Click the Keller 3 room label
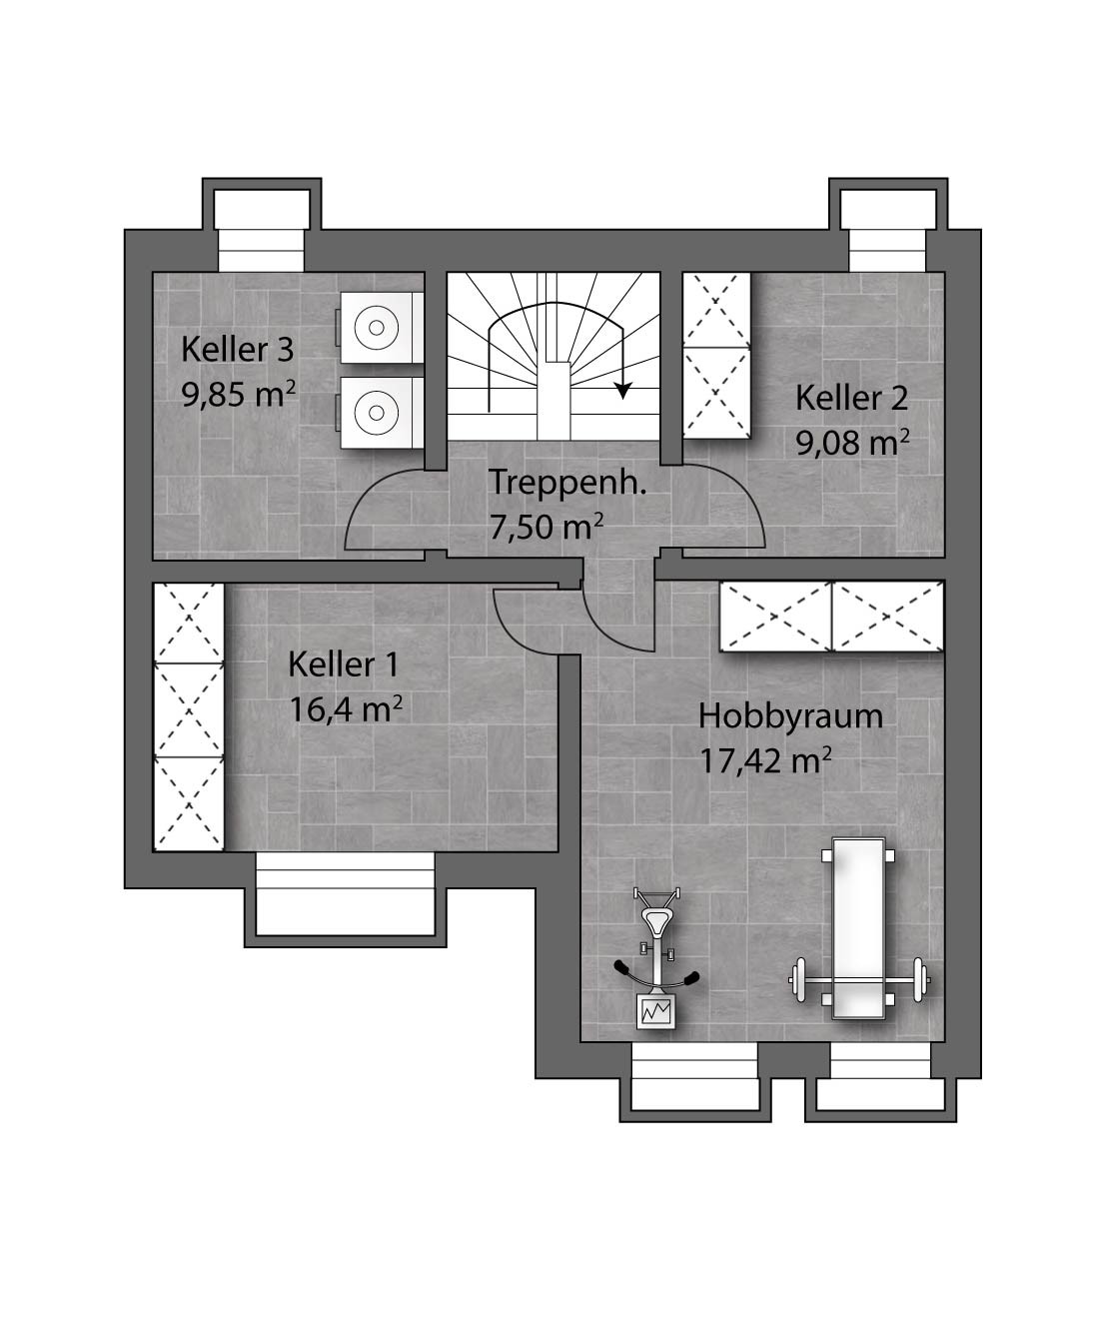(237, 350)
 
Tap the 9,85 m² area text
(239, 395)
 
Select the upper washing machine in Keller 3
(381, 328)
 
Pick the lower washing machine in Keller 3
(381, 413)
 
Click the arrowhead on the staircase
(624, 391)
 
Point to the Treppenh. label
(567, 483)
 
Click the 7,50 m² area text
(546, 527)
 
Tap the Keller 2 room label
(851, 398)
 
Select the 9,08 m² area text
(853, 443)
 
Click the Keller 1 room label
(343, 665)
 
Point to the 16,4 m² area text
(346, 708)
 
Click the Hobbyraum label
(790, 716)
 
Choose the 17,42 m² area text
(765, 760)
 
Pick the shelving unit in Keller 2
(716, 355)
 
